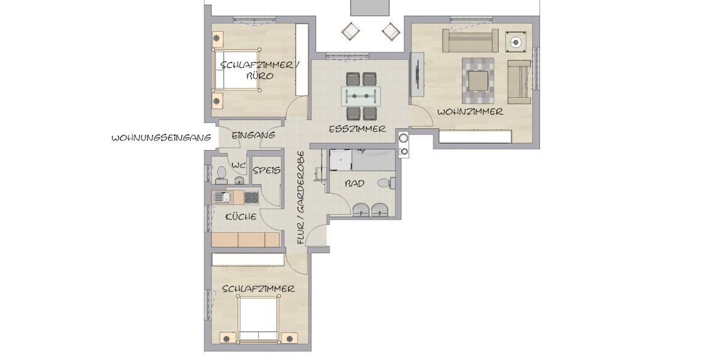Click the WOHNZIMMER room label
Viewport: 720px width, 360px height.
pos(470,112)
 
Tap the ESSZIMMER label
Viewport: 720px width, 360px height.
pos(357,129)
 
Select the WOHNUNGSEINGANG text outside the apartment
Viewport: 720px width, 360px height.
pos(161,138)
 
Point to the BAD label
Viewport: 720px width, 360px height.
pos(355,184)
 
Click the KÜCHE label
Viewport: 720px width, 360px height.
pos(241,217)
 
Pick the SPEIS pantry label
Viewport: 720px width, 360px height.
pos(266,170)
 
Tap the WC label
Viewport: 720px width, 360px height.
pos(239,166)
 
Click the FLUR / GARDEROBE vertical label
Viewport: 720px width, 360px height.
pos(301,197)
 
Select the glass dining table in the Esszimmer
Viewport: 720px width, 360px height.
pos(361,96)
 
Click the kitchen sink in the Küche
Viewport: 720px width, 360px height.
pos(222,197)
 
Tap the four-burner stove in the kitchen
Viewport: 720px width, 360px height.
pos(251,197)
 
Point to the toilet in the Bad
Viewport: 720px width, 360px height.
pos(386,183)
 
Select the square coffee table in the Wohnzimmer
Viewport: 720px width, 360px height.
pos(478,81)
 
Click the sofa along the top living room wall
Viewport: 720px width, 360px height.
pos(470,41)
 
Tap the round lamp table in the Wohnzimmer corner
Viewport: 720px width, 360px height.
pos(515,42)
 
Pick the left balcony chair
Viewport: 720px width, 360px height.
pos(350,31)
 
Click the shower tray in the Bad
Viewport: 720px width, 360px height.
pos(341,160)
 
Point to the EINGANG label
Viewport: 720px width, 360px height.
pos(253,135)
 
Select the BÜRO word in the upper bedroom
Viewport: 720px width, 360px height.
pos(260,76)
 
